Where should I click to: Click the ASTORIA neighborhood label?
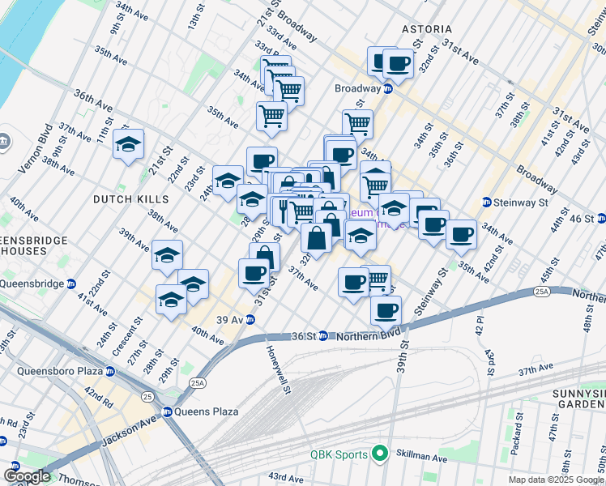(427, 29)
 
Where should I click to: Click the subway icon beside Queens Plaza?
(168, 411)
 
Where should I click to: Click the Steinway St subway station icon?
(487, 202)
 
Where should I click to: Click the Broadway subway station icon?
(388, 88)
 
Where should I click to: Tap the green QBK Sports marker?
(378, 454)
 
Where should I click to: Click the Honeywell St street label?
(278, 369)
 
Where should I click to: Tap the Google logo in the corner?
(26, 476)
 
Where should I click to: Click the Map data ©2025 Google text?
(556, 480)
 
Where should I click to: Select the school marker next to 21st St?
(128, 144)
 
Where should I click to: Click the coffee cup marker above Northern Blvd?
(386, 309)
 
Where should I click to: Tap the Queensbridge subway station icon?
(71, 284)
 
